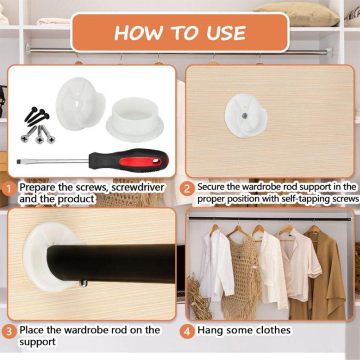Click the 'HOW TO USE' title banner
pyautogui.click(x=180, y=33)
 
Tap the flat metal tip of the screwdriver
pyautogui.click(x=22, y=162)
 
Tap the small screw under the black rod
pyautogui.click(x=84, y=284)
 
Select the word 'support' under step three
pyautogui.click(x=37, y=341)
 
